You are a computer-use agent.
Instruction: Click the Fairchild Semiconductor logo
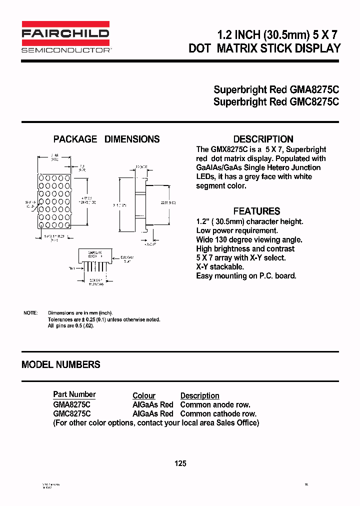click(x=65, y=37)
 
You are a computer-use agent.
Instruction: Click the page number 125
click(x=180, y=463)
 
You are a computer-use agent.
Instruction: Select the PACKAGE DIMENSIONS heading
click(x=106, y=139)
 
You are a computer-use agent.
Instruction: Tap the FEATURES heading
click(x=256, y=211)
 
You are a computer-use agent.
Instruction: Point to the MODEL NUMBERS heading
click(x=61, y=364)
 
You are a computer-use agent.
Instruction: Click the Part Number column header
click(x=74, y=394)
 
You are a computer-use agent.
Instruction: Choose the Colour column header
click(x=144, y=395)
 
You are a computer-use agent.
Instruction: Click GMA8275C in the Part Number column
click(x=72, y=404)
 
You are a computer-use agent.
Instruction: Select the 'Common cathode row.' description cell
click(x=218, y=413)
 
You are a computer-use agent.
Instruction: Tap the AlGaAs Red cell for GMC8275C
click(x=152, y=413)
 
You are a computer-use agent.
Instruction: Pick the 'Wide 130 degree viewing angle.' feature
click(x=249, y=239)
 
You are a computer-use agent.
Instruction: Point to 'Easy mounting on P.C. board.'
click(x=246, y=276)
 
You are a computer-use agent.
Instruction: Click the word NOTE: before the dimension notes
click(x=30, y=312)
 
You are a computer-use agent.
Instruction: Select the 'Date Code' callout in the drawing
click(x=127, y=259)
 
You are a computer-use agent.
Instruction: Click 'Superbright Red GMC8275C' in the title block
click(x=276, y=101)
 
